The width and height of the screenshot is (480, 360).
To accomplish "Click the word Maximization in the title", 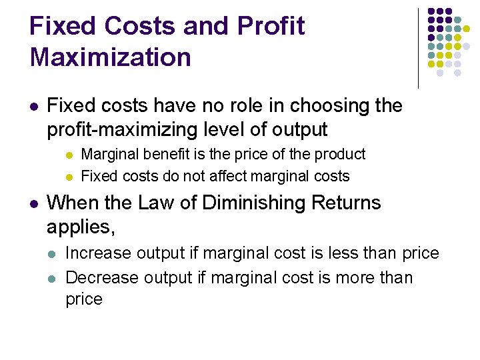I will (x=110, y=57).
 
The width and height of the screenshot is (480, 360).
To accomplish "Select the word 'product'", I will (x=339, y=155).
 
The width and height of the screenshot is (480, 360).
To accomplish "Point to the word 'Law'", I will (x=157, y=203).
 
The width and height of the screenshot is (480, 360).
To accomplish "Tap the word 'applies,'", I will (x=81, y=227).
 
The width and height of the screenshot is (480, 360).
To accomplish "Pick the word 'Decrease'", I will (x=101, y=277).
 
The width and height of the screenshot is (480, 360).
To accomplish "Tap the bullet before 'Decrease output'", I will (x=53, y=278).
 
